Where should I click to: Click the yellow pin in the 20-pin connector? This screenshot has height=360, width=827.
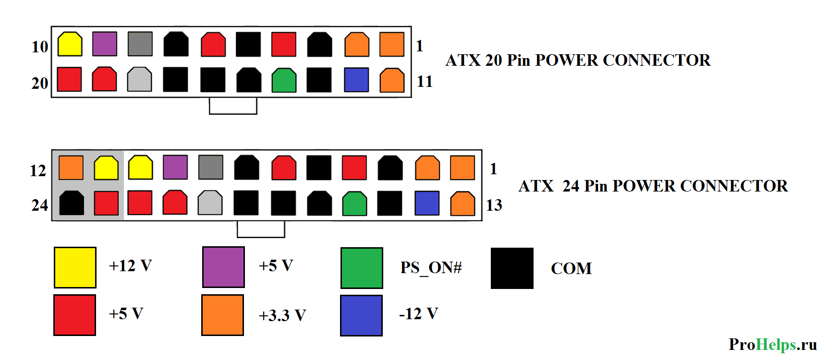pyautogui.click(x=70, y=44)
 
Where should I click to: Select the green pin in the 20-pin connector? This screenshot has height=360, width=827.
pyautogui.click(x=284, y=80)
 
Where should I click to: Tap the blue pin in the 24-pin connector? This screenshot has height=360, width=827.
pyautogui.click(x=427, y=203)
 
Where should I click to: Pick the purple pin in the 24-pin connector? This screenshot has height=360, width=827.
pyautogui.click(x=175, y=167)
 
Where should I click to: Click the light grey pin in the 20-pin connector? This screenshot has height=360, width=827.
pyautogui.click(x=139, y=80)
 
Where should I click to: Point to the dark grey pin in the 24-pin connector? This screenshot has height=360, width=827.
pyautogui.click(x=211, y=167)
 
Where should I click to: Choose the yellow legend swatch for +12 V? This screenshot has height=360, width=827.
pyautogui.click(x=75, y=267)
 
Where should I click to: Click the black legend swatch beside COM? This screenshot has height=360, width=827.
pyautogui.click(x=512, y=268)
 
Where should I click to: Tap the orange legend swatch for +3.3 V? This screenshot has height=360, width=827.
pyautogui.click(x=222, y=315)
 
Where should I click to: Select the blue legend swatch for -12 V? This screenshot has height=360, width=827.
pyautogui.click(x=361, y=315)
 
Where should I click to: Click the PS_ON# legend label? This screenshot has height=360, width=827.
pyautogui.click(x=431, y=268)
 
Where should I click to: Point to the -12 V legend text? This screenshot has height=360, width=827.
pyautogui.click(x=418, y=314)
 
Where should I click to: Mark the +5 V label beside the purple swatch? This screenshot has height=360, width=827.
pyautogui.click(x=276, y=266)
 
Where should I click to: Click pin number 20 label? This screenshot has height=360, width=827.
pyautogui.click(x=40, y=83)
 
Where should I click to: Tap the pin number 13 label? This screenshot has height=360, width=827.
pyautogui.click(x=494, y=205)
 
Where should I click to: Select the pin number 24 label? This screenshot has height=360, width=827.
pyautogui.click(x=40, y=205)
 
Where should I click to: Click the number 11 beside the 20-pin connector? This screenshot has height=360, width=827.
pyautogui.click(x=425, y=82)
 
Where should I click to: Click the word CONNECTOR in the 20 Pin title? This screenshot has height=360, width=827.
pyautogui.click(x=657, y=60)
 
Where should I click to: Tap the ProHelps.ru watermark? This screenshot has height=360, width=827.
pyautogui.click(x=772, y=344)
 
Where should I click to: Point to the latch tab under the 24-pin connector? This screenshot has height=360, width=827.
pyautogui.click(x=261, y=229)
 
